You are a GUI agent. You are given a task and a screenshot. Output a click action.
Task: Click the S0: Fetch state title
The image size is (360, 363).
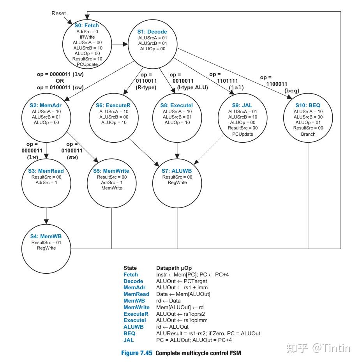pos(86,26)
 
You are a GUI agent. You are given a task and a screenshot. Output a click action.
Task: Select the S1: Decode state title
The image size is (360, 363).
pos(152,32)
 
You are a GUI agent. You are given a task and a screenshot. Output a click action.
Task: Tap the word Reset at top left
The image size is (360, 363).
pos(59,14)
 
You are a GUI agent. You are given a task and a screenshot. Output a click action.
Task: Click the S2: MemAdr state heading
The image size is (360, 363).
pos(46,105)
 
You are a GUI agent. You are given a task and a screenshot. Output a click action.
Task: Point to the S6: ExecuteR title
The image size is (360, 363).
pos(113,105)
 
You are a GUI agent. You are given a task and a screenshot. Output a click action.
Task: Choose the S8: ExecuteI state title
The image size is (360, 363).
pos(176,105)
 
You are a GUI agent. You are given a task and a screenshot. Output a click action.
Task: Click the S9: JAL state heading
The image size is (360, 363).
pos(242,105)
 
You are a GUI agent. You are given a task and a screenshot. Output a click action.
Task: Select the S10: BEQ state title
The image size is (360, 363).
pos(308,105)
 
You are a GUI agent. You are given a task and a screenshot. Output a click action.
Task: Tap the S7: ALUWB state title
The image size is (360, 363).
pos(177,171)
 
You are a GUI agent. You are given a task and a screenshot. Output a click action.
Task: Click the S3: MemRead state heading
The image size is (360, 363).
pos(46,171)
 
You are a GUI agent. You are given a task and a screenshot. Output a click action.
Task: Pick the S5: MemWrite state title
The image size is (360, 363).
pos(112,171)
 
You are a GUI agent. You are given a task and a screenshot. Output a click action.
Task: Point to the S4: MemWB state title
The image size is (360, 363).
pos(46,236)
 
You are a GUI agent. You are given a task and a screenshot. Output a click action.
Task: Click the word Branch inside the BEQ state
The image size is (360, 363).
pos(308,134)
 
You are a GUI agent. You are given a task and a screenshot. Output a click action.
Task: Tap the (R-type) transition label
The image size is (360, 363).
pos(146,88)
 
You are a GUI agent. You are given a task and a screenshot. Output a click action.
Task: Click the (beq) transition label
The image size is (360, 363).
pos(291,90)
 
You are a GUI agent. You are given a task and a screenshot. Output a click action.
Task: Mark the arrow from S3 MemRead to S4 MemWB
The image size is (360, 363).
pos(46,214)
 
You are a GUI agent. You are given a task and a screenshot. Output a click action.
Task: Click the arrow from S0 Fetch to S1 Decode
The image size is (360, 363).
pos(120,44)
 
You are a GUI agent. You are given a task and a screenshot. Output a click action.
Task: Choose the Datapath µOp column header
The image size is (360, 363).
pos(174,268)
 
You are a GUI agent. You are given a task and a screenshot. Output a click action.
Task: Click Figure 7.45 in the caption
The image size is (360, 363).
pos(137,353)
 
